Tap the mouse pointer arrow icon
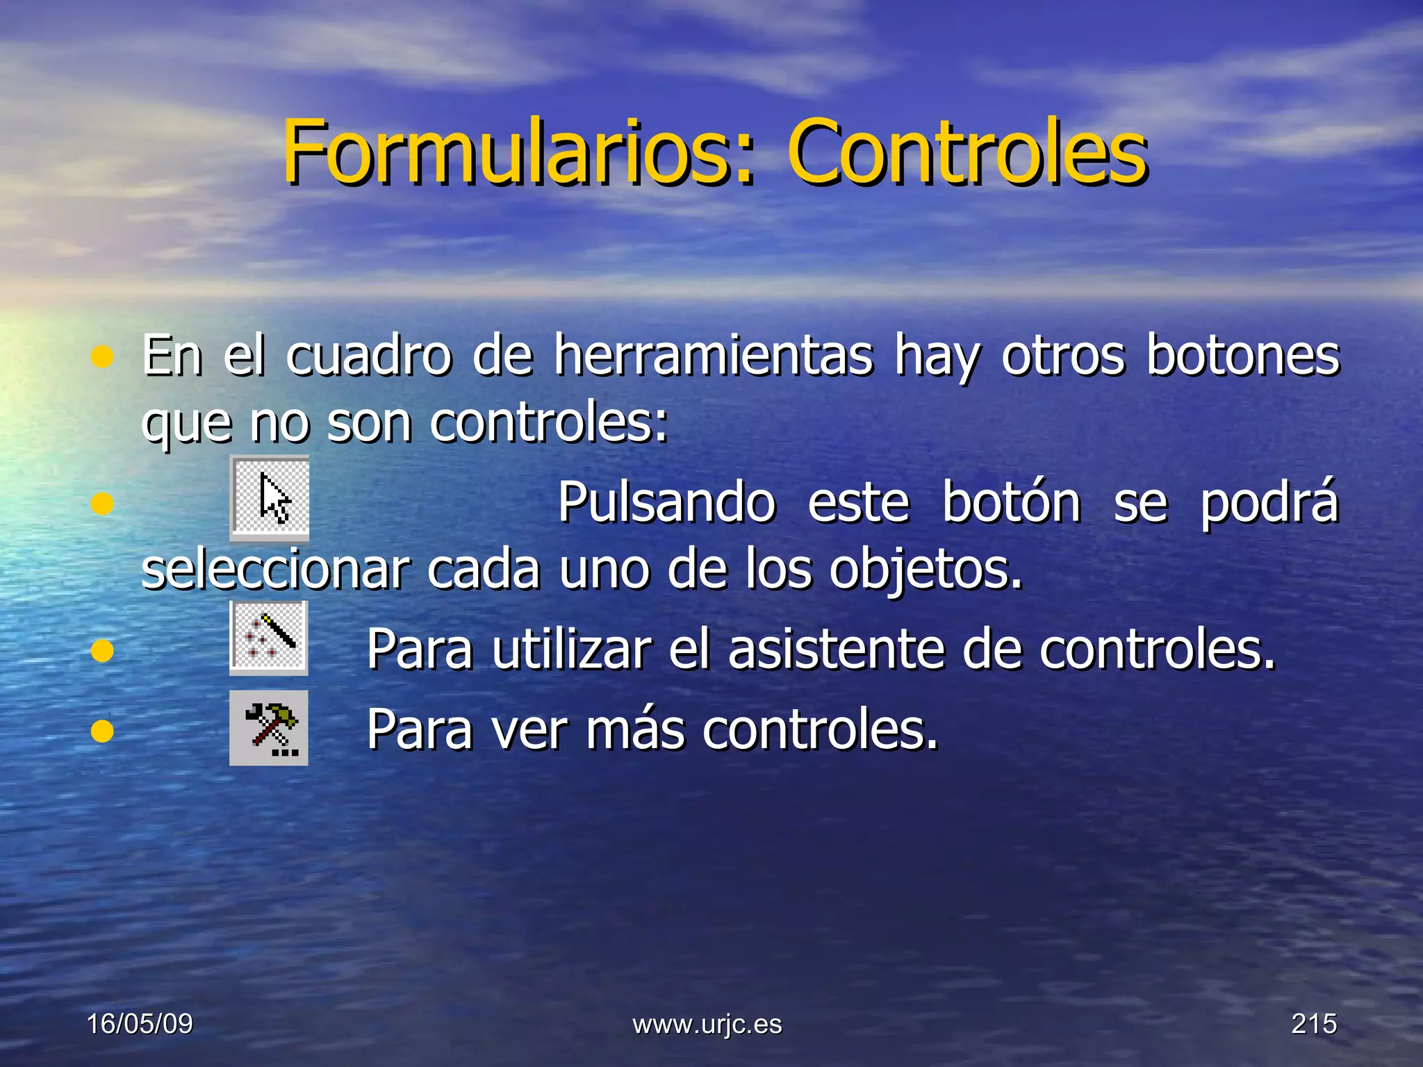click(270, 497)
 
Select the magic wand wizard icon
click(269, 638)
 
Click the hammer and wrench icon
click(269, 727)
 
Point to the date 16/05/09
click(140, 1023)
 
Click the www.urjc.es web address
click(707, 1024)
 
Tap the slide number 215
click(1314, 1023)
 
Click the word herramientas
click(714, 356)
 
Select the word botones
click(1242, 356)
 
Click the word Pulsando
click(666, 502)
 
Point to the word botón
click(1011, 502)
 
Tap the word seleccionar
click(275, 570)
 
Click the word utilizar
click(572, 650)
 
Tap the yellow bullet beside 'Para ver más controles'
click(102, 731)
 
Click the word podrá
click(1269, 502)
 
